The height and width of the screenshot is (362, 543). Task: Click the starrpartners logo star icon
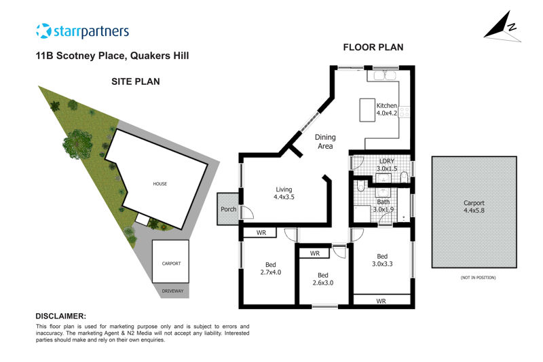tap(43, 31)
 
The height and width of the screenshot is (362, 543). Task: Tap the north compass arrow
tap(502, 27)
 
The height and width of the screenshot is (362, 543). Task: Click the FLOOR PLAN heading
tap(373, 48)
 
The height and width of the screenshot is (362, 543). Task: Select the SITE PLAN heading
tap(136, 82)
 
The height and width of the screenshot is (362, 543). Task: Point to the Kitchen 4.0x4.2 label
tap(387, 109)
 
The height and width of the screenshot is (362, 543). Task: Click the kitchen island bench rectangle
tap(367, 110)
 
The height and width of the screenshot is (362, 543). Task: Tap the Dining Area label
tap(325, 142)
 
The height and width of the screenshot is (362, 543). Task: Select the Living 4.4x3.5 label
tap(284, 194)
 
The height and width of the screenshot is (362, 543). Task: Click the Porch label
tap(229, 209)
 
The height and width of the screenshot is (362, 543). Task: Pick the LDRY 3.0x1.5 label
tap(387, 165)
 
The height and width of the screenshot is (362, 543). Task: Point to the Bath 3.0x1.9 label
tap(383, 206)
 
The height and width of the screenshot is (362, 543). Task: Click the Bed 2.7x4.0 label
tap(270, 268)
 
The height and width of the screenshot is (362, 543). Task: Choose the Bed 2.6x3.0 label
tap(323, 279)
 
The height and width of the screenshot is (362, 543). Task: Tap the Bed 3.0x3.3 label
tap(382, 260)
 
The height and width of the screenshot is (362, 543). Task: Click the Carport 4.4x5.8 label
tap(474, 206)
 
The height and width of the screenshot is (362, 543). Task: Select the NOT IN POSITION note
tap(478, 278)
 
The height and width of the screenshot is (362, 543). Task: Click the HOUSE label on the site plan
tap(160, 184)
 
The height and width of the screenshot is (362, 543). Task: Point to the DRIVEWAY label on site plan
tap(173, 291)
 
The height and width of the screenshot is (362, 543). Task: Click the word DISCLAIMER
tap(61, 316)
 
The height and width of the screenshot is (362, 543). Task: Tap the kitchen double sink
tap(385, 75)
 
